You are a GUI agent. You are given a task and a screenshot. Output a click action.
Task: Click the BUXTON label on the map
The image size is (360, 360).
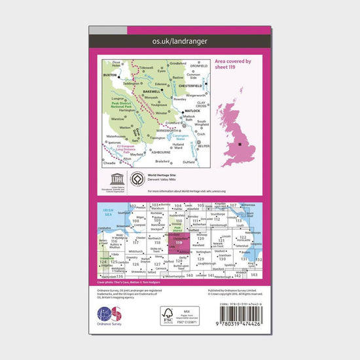coord(109,76)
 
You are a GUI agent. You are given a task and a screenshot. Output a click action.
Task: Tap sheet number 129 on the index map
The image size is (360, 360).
coord(200,259)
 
